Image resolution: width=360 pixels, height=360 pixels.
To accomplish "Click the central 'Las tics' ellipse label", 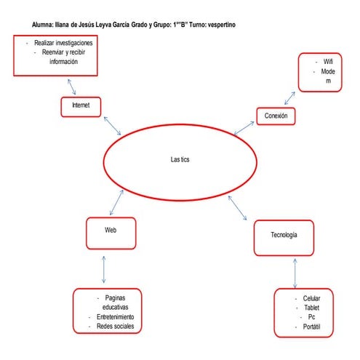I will coord(179,160).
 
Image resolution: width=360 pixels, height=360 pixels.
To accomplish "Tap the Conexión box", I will coord(276,115).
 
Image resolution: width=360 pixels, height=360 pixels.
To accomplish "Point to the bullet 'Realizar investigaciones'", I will coord(63,44).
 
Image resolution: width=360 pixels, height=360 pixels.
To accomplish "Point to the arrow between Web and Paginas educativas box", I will coord(106,268).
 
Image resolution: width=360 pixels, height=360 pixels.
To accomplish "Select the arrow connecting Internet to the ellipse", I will coord(112,125).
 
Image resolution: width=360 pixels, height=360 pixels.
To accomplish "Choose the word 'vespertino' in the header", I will coord(227,25).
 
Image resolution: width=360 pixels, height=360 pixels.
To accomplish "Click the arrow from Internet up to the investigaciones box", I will coord(71,86).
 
